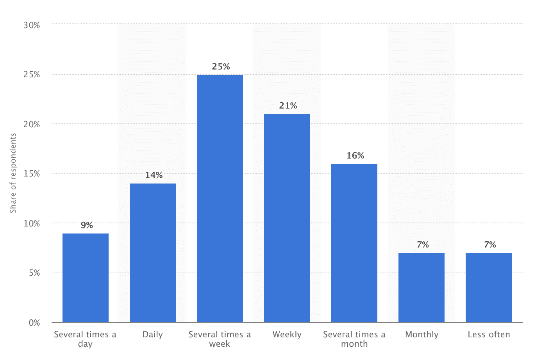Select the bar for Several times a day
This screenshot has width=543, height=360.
pyautogui.click(x=86, y=278)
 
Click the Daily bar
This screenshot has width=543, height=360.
pyautogui.click(x=153, y=253)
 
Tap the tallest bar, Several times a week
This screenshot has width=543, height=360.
pyautogui.click(x=220, y=198)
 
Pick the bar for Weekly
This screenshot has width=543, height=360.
pyautogui.click(x=287, y=218)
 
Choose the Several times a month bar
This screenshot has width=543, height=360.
pyautogui.click(x=354, y=243)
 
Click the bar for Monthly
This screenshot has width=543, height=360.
pyautogui.click(x=422, y=287)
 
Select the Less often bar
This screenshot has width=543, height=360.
pyautogui.click(x=489, y=287)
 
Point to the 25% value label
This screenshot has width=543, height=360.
pyautogui.click(x=221, y=67)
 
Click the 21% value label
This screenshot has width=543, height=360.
pyautogui.click(x=288, y=106)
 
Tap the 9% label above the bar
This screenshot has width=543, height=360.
pyautogui.click(x=87, y=225)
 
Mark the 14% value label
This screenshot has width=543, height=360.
pyautogui.click(x=154, y=175)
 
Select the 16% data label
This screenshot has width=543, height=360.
pyautogui.click(x=355, y=156)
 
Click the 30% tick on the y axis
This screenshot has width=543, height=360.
pyautogui.click(x=32, y=25)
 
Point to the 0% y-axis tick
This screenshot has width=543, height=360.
pyautogui.click(x=34, y=323)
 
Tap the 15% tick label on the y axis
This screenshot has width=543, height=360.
pyautogui.click(x=32, y=174)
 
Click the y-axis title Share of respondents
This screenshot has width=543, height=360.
pyautogui.click(x=13, y=173)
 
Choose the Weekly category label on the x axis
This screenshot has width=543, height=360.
pyautogui.click(x=287, y=335)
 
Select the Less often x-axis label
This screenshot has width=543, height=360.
pyautogui.click(x=489, y=335)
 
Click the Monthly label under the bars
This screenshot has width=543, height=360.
pyautogui.click(x=422, y=335)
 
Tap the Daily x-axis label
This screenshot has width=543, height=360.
pyautogui.click(x=152, y=335)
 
